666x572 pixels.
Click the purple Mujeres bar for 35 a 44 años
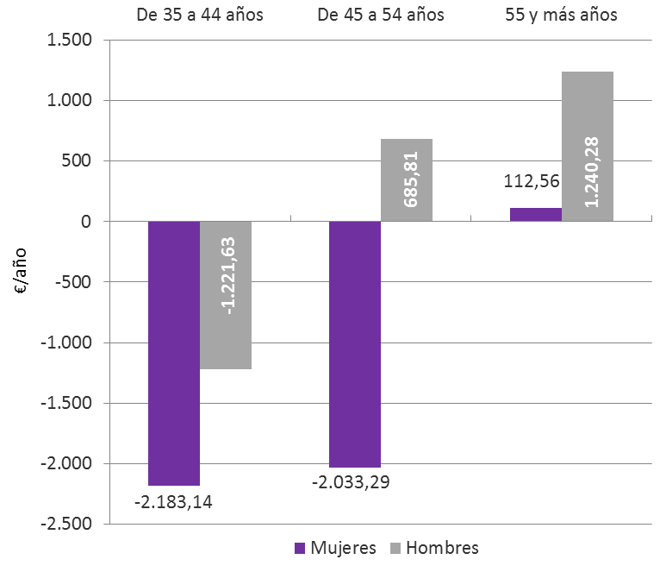[174, 353]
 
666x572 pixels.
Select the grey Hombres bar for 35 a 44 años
[226, 295]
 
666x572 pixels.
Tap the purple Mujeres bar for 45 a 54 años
[355, 344]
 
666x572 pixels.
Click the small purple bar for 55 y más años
[536, 215]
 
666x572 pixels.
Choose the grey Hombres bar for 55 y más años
[588, 147]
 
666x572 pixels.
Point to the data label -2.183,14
[174, 501]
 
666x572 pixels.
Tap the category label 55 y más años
[561, 16]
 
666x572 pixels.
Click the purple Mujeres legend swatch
[300, 548]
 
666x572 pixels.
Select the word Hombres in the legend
[442, 548]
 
